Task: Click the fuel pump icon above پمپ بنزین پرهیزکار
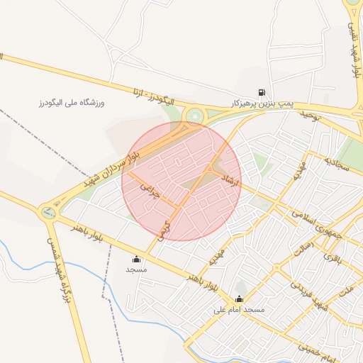263,92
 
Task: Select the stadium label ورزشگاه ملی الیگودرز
71,104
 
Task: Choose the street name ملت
346,291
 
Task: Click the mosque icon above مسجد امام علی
239,299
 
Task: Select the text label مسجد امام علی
239,311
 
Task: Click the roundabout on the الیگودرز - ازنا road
192,116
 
